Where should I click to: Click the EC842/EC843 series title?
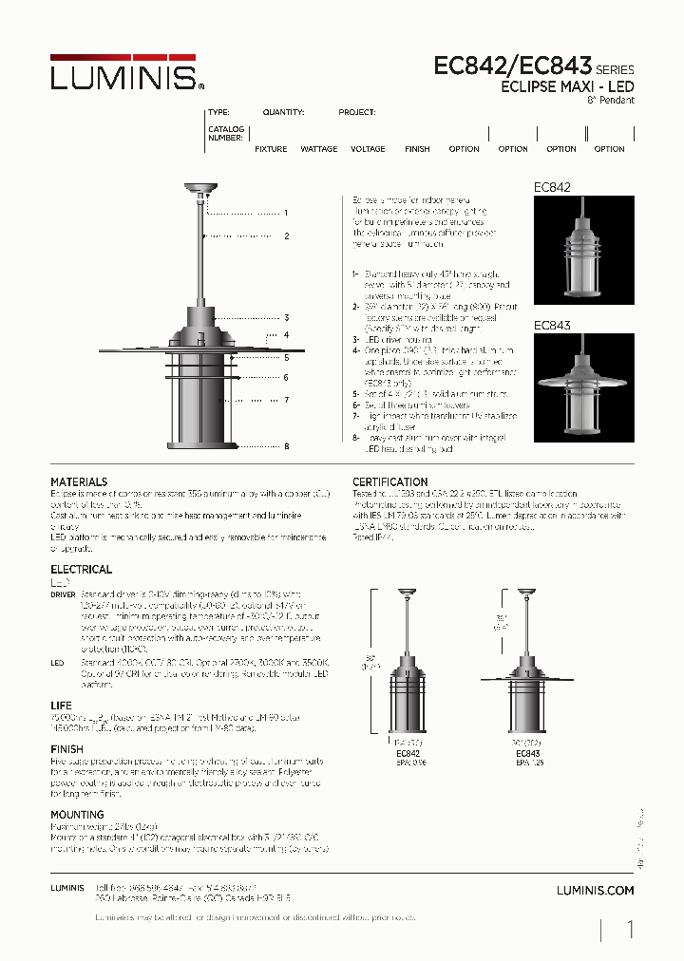click(513, 66)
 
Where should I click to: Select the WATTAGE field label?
click(319, 149)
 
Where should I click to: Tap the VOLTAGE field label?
click(368, 149)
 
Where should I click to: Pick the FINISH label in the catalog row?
click(417, 149)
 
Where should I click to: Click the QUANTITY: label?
click(283, 112)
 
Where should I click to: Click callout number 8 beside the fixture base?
click(285, 445)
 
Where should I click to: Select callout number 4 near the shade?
click(285, 334)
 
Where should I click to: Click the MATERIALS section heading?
click(79, 481)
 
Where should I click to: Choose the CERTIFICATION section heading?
click(390, 481)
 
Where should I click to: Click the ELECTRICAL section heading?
click(81, 569)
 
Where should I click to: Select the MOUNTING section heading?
click(77, 814)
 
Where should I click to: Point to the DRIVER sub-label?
click(63, 593)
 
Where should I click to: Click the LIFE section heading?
click(61, 706)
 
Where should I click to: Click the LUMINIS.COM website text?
click(594, 890)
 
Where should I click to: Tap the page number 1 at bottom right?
click(630, 929)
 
